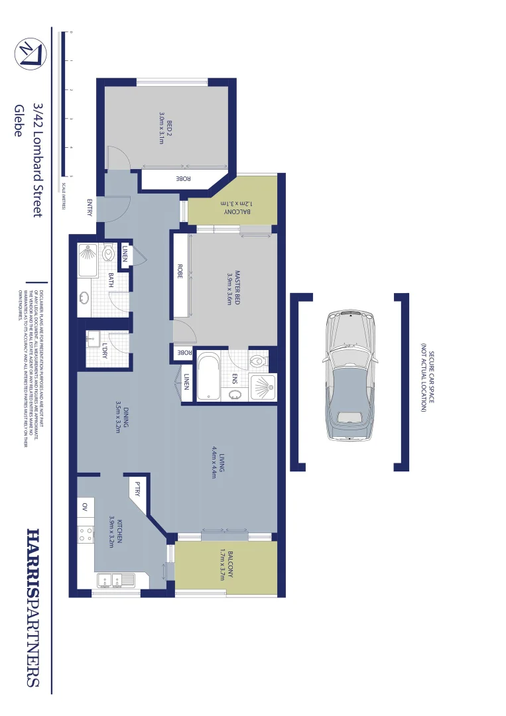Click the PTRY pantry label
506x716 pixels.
pyautogui.click(x=138, y=489)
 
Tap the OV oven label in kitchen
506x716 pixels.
pyautogui.click(x=84, y=507)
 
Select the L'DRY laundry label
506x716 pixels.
pyautogui.click(x=105, y=349)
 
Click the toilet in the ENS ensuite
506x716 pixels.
pyautogui.click(x=257, y=361)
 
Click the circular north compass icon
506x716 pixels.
pyautogui.click(x=31, y=54)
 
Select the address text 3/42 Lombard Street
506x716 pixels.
pyautogui.click(x=37, y=159)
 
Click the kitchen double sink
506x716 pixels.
pyautogui.click(x=116, y=580)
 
